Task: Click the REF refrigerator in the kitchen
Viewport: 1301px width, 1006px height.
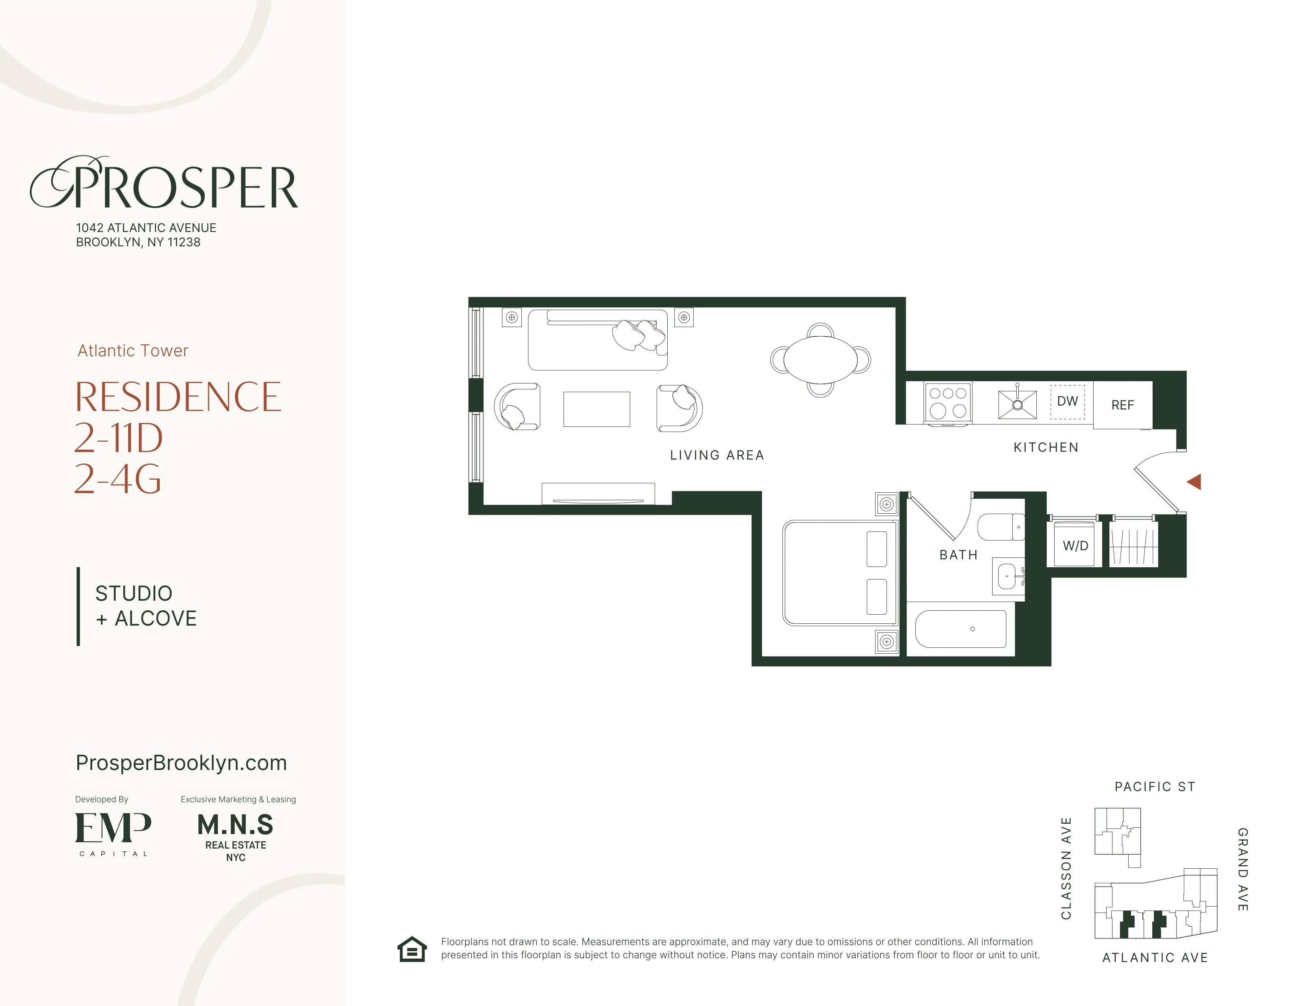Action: (1122, 405)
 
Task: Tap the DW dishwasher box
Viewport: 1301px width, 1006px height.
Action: (1067, 402)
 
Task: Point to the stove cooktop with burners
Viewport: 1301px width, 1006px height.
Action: (948, 402)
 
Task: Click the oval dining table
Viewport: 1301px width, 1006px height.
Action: (820, 360)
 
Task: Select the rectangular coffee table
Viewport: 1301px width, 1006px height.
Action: (596, 409)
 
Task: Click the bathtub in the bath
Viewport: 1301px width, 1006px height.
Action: (960, 629)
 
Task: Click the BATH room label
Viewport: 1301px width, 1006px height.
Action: (958, 555)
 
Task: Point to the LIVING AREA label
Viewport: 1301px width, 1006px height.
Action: (717, 455)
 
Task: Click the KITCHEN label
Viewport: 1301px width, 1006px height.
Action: (1045, 447)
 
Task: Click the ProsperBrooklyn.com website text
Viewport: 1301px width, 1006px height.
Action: (181, 763)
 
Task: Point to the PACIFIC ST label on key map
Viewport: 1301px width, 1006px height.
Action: (1154, 787)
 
